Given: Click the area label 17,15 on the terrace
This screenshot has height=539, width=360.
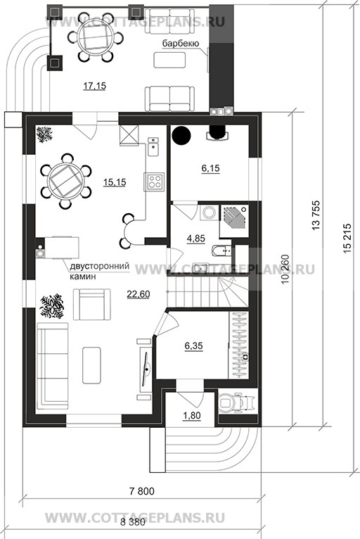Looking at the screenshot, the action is pyautogui.click(x=94, y=86).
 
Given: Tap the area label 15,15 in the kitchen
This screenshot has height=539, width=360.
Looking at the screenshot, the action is pyautogui.click(x=115, y=182).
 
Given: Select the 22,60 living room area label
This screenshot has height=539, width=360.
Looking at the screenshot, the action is pyautogui.click(x=138, y=294).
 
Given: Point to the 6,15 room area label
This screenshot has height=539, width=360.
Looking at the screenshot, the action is pyautogui.click(x=210, y=168).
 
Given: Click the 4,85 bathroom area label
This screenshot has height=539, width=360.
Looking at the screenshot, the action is pyautogui.click(x=195, y=239).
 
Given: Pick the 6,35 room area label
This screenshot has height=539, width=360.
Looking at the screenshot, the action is pyautogui.click(x=194, y=345).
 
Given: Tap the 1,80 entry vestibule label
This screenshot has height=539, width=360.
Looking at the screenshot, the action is pyautogui.click(x=192, y=416).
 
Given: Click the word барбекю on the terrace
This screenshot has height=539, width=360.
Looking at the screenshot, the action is pyautogui.click(x=180, y=44).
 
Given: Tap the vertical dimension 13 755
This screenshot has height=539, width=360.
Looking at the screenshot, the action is pyautogui.click(x=316, y=215).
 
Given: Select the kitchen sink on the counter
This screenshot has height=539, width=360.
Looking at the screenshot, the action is pyautogui.click(x=153, y=147).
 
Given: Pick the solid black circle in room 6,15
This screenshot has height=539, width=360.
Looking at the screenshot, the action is pyautogui.click(x=181, y=135).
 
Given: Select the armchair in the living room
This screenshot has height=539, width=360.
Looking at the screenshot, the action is pyautogui.click(x=91, y=304).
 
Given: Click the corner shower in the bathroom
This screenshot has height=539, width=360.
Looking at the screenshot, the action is pyautogui.click(x=233, y=221).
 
